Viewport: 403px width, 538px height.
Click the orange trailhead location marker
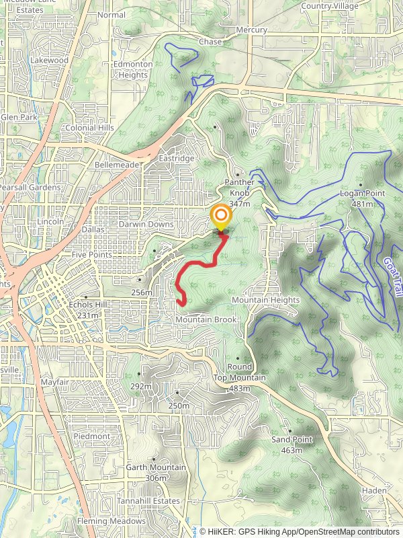pyautogui.click(x=221, y=217)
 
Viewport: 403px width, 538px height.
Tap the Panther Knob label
pyautogui.click(x=240, y=186)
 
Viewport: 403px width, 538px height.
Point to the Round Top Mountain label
pyautogui.click(x=239, y=373)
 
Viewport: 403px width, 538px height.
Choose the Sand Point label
pyautogui.click(x=292, y=440)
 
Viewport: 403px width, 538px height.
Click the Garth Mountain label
pyautogui.click(x=156, y=467)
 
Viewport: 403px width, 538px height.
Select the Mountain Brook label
pyautogui.click(x=206, y=320)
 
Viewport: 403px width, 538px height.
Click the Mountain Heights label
pyautogui.click(x=265, y=299)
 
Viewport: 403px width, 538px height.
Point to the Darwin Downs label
pyautogui.click(x=146, y=225)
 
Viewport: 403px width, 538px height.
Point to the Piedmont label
pyautogui.click(x=92, y=436)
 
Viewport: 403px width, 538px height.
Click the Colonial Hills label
pyautogui.click(x=89, y=128)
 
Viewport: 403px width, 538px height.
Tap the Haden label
pyautogui.click(x=374, y=491)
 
